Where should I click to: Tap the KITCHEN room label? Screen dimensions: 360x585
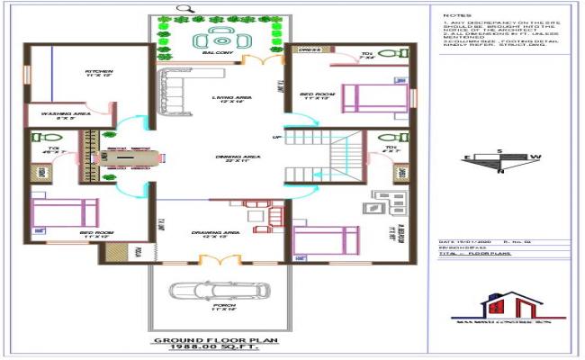coord(99,72)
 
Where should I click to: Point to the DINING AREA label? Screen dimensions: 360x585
coord(238,157)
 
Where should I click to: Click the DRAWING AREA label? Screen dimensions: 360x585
coord(215,233)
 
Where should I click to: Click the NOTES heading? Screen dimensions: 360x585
coord(455,15)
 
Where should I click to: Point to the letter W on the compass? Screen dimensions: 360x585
coord(535,157)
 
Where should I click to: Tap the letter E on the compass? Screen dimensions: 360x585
coord(466,157)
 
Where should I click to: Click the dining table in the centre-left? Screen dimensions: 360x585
coord(130,158)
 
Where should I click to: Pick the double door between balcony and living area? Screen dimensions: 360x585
coord(260,60)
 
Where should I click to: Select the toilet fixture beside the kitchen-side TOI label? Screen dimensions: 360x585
coord(41,139)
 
